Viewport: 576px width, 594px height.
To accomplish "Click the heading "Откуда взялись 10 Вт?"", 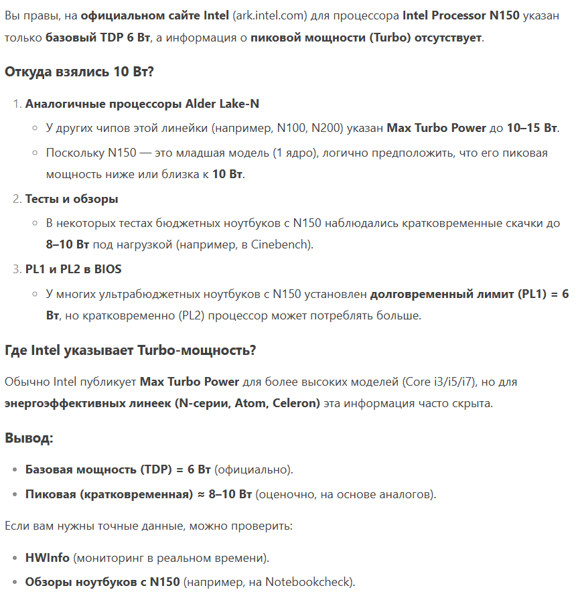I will pyautogui.click(x=79, y=71).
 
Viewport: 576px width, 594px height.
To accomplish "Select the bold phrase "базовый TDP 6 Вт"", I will pyautogui.click(x=98, y=38).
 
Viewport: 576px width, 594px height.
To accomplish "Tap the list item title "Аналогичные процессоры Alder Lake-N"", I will pyautogui.click(x=142, y=104).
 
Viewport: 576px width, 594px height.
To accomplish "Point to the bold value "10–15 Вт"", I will pyautogui.click(x=532, y=127).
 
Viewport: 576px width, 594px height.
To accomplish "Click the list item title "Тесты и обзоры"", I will pyautogui.click(x=72, y=199).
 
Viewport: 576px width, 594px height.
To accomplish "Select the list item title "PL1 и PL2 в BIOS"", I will pyautogui.click(x=73, y=269).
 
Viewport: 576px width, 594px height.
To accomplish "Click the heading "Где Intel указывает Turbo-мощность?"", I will pyautogui.click(x=130, y=350).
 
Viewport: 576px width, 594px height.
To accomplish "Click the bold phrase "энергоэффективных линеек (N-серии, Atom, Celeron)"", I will pyautogui.click(x=162, y=403).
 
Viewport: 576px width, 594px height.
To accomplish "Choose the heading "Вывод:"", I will pyautogui.click(x=29, y=438).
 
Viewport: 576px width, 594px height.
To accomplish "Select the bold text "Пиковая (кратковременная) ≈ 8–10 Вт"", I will pyautogui.click(x=138, y=494).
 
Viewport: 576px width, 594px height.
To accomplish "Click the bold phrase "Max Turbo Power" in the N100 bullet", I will pyautogui.click(x=436, y=127).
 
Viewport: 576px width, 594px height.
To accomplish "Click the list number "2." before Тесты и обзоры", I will pyautogui.click(x=17, y=199).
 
